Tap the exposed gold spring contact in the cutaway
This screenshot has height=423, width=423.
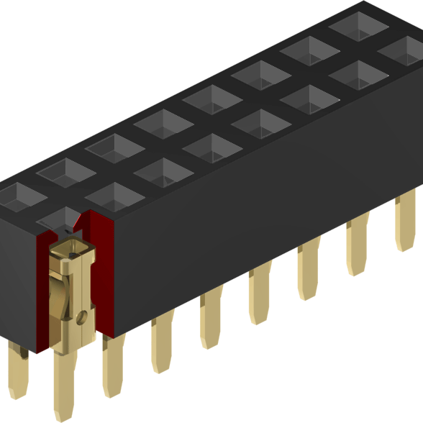tap(72, 288)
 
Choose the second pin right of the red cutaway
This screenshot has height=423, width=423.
tap(162, 345)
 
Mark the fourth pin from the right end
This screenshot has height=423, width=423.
tap(260, 295)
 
